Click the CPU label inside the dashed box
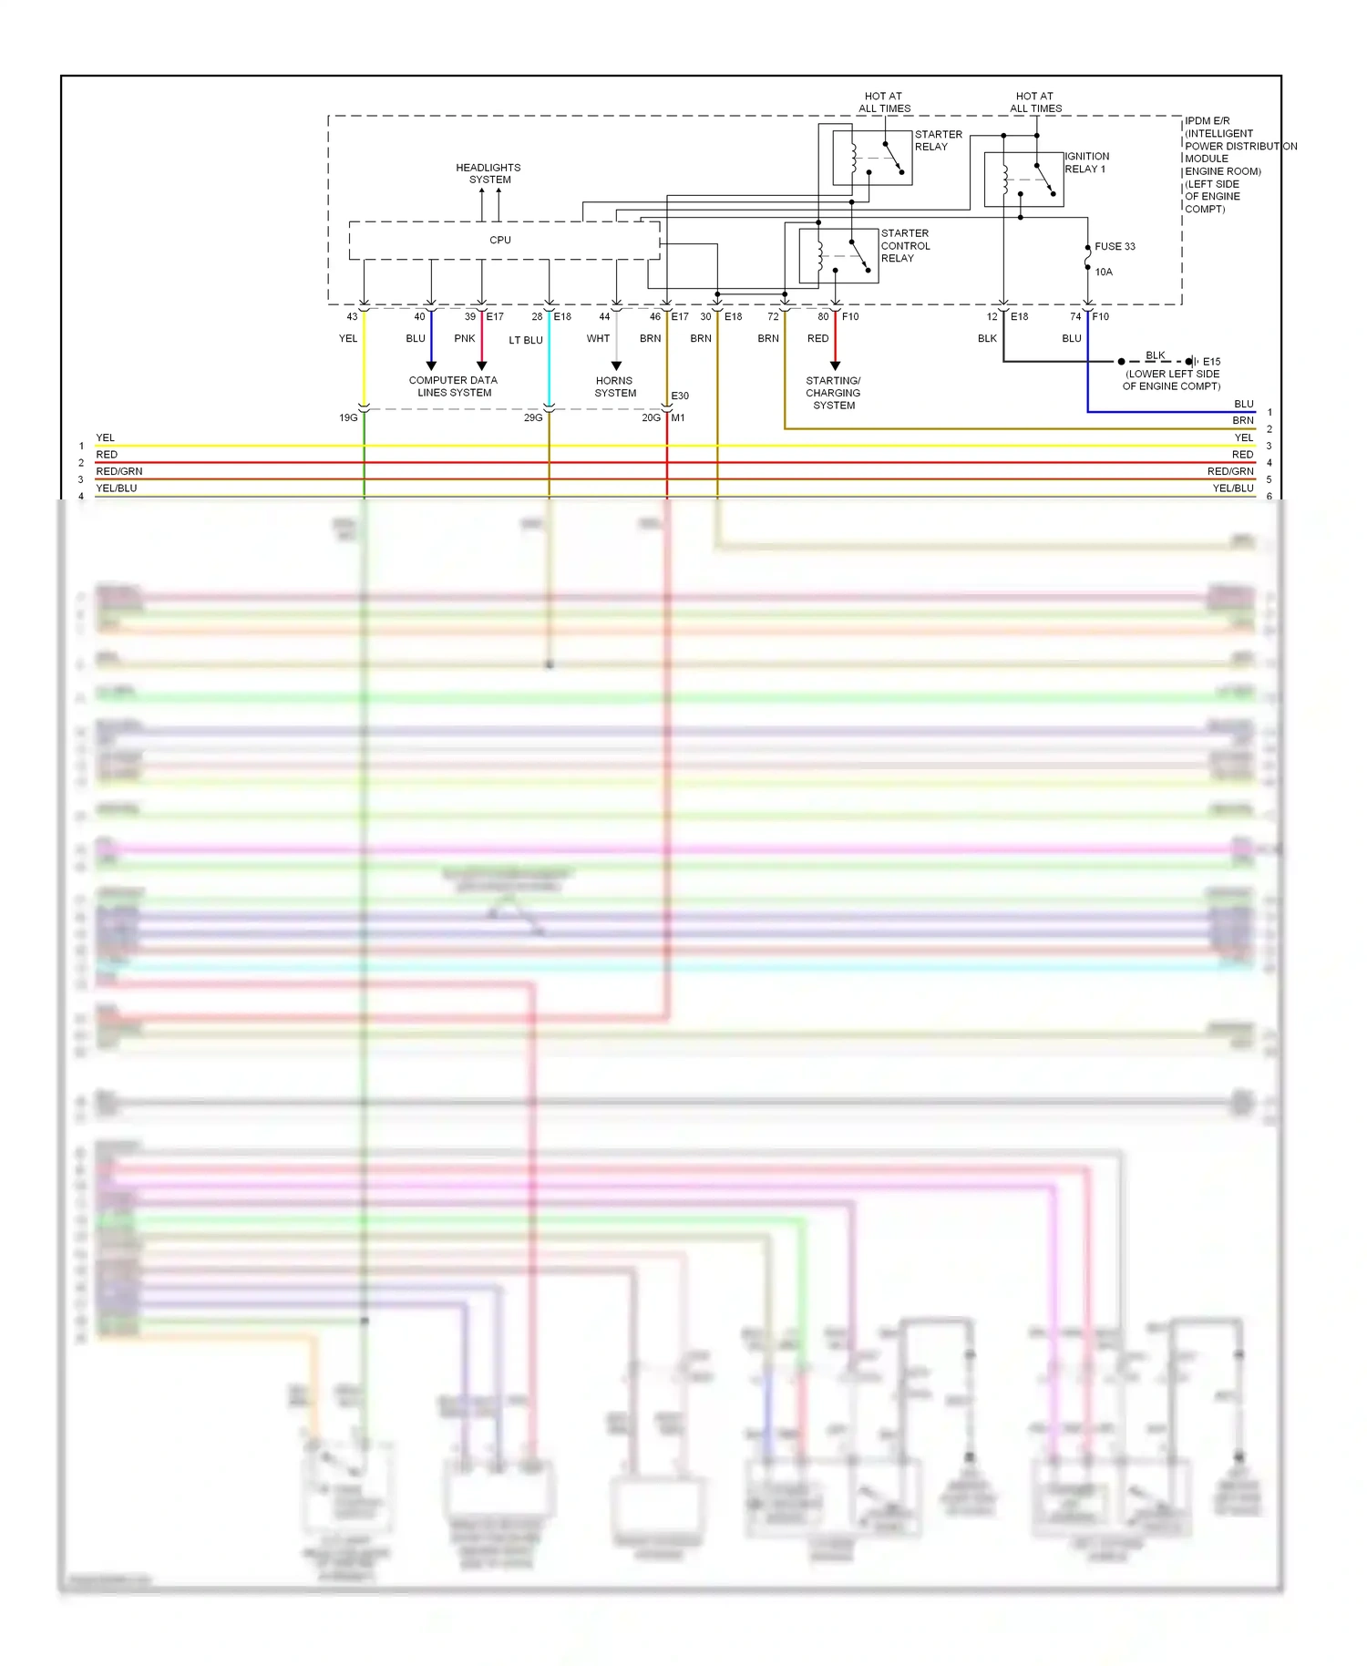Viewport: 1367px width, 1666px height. [500, 241]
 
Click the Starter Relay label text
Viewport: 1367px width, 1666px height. [938, 140]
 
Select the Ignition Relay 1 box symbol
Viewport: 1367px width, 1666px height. [1023, 180]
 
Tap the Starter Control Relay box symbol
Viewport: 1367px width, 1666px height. [838, 256]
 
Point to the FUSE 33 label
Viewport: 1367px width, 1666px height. [1115, 247]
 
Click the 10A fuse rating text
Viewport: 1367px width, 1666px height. [1104, 273]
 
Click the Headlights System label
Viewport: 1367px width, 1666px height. [488, 174]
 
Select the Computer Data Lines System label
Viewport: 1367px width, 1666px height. [454, 386]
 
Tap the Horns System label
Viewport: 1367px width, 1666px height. [615, 387]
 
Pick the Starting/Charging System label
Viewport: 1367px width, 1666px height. [834, 393]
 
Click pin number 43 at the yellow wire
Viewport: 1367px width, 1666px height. [352, 317]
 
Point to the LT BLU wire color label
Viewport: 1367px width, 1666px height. [526, 341]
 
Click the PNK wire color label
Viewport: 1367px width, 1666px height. [465, 339]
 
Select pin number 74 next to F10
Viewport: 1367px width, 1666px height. [1075, 317]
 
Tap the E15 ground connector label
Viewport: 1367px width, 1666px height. [1211, 362]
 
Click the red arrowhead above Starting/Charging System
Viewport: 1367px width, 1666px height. [836, 365]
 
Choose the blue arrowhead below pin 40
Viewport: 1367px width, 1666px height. [431, 365]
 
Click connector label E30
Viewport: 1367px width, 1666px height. [680, 396]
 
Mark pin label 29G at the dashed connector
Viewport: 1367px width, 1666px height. [533, 418]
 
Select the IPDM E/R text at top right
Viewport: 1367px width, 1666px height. [1207, 121]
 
